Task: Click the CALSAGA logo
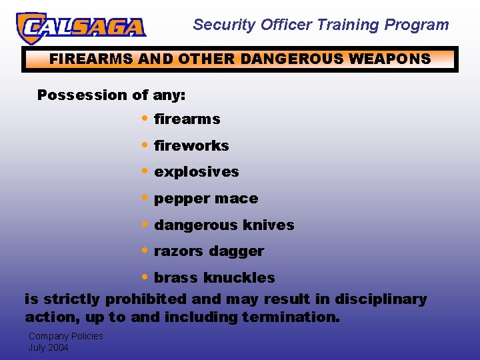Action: coord(81,27)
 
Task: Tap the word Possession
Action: coord(73,95)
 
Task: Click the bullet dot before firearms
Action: coord(145,118)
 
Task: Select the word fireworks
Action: coord(191,145)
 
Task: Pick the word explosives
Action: coord(197,172)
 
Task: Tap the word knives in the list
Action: coord(270,225)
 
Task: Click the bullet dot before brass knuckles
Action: coord(145,277)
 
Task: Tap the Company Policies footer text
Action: coord(65,336)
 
